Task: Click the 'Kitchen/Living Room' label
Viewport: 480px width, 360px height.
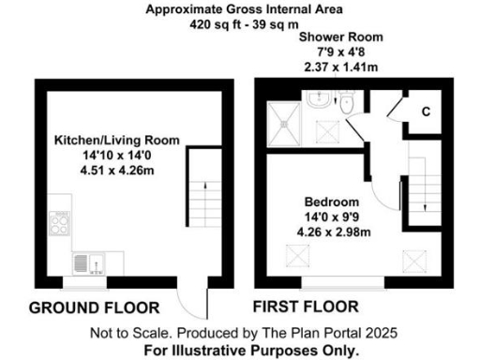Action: pos(116,140)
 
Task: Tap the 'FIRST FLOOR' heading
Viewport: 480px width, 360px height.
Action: pos(306,307)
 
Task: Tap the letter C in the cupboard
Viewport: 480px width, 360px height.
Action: pos(425,112)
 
